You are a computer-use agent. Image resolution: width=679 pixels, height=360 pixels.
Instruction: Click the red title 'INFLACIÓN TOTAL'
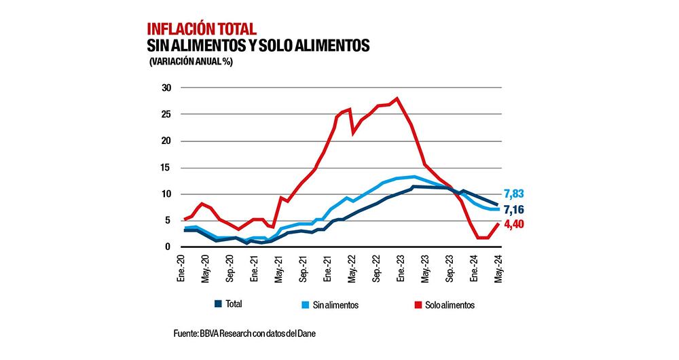tap(201, 29)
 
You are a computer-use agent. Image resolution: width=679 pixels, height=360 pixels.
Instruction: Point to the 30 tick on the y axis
tap(165, 88)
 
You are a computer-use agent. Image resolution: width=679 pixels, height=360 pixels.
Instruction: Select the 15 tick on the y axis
tap(165, 168)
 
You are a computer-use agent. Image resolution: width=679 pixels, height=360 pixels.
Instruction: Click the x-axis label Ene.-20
tap(181, 268)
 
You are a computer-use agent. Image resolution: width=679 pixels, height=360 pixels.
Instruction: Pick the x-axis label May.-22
tap(352, 268)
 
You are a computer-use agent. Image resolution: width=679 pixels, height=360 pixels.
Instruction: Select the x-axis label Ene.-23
tap(401, 268)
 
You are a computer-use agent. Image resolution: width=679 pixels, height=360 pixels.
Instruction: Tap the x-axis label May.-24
tap(499, 268)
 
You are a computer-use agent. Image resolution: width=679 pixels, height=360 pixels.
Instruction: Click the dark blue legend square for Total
tap(219, 304)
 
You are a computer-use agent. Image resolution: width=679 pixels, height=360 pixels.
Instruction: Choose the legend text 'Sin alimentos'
tap(335, 305)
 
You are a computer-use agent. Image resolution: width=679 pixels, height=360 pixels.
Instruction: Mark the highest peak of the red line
tap(397, 98)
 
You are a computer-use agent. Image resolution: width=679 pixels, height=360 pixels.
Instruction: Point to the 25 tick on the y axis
tap(165, 115)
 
